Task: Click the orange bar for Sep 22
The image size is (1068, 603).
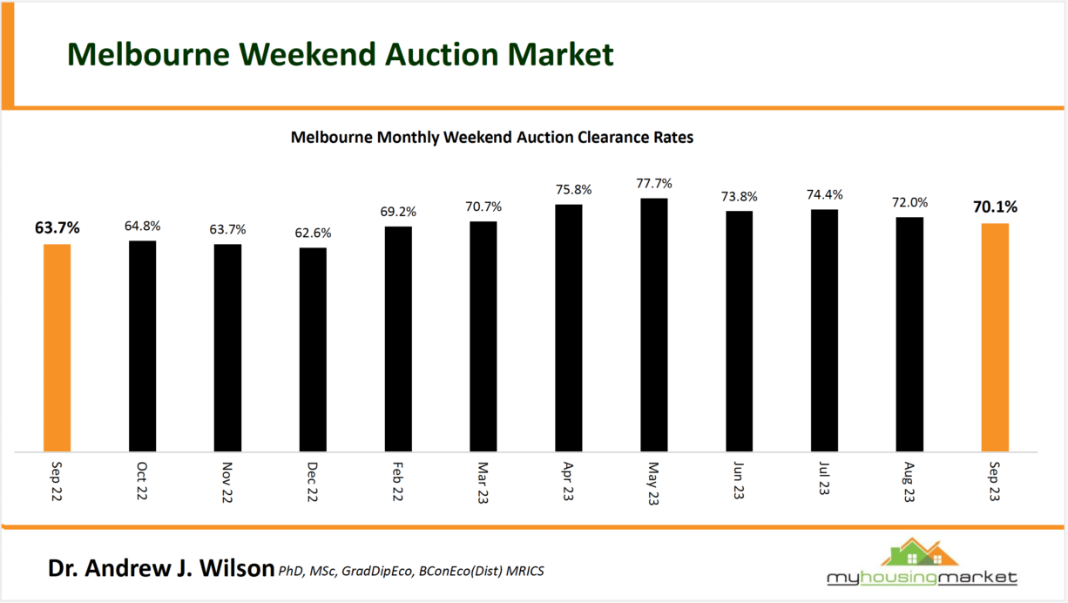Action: [57, 348]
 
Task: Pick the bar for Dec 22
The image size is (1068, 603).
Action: [313, 349]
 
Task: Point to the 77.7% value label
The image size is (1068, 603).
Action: [653, 185]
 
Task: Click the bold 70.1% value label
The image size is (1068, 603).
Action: [995, 207]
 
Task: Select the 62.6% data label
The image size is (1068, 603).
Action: [313, 234]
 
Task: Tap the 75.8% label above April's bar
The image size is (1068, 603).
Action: [569, 189]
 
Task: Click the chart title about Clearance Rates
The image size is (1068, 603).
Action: [491, 138]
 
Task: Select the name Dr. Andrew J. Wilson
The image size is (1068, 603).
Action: [161, 569]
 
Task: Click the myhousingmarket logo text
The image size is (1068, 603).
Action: [922, 578]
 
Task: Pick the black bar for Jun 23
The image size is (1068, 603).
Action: [739, 331]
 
